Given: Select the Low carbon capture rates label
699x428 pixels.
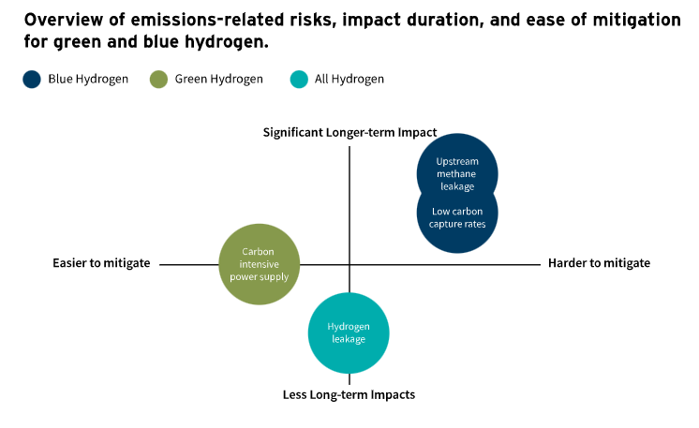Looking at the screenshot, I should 457,217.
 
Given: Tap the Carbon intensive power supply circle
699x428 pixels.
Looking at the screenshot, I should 259,264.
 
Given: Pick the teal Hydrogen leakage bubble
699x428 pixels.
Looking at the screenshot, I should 349,332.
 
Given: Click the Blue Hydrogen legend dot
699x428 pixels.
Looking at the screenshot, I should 32,80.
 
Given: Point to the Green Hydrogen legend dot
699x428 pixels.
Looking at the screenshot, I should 158,80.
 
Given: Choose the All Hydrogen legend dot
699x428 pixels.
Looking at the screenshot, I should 299,80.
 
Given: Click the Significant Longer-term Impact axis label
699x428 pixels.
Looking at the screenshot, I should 349,133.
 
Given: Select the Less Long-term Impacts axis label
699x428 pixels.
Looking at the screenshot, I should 349,394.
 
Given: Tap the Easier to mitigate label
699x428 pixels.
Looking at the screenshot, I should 101,263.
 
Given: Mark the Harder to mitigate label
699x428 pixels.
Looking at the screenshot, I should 599,263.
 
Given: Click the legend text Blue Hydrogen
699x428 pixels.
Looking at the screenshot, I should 87,80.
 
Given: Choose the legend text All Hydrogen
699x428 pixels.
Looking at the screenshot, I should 349,80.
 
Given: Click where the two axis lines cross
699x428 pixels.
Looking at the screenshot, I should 349,264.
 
